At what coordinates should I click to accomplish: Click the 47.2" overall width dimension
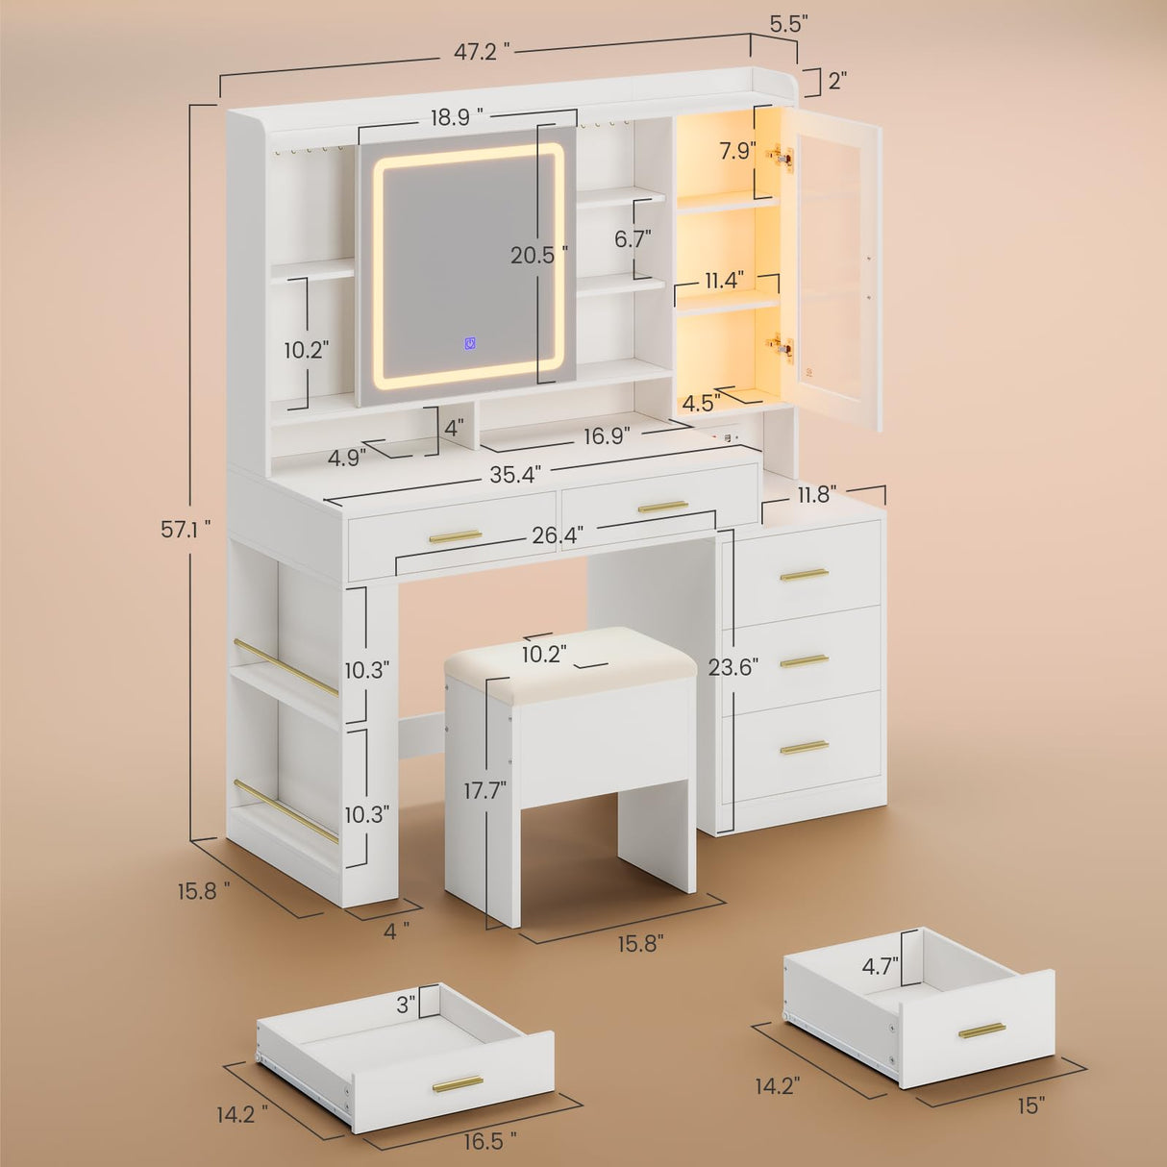(x=482, y=53)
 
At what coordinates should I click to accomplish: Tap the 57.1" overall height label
(x=186, y=528)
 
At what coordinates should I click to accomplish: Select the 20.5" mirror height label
(x=538, y=255)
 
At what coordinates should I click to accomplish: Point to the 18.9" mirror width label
(x=457, y=117)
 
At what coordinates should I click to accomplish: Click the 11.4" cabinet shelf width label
(x=724, y=281)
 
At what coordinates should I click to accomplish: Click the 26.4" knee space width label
(x=558, y=534)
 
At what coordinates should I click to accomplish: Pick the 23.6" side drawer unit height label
(x=733, y=666)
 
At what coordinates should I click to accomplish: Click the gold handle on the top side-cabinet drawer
(x=804, y=575)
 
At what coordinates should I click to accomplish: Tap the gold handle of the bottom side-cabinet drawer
(x=804, y=747)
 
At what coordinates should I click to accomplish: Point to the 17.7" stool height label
(x=484, y=790)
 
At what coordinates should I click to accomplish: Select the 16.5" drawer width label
(x=490, y=1140)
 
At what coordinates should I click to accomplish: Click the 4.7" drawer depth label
(x=880, y=966)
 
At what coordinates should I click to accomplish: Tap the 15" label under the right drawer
(x=1030, y=1105)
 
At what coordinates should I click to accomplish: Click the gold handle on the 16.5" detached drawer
(x=458, y=1084)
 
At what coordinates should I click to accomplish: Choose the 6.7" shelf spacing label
(x=633, y=238)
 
